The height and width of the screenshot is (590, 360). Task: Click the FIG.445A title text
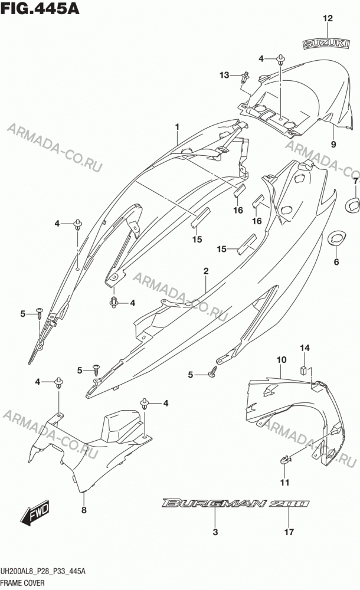40,8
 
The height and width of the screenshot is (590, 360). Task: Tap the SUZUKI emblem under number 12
326,44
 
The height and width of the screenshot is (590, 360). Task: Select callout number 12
328,18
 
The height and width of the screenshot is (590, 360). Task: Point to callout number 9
333,144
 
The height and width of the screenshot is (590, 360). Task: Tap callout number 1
178,127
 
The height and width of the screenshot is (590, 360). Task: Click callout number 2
206,271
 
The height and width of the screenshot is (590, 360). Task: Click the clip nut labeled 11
286,460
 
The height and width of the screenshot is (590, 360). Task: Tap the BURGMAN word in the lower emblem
214,503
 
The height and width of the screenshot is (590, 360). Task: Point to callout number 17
289,532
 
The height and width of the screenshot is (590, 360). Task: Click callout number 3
215,532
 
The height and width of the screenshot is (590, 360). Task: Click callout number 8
84,510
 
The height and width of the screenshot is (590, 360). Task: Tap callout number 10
282,360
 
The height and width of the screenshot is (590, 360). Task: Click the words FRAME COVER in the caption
22,583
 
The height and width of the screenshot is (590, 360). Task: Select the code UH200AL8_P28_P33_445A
43,572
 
